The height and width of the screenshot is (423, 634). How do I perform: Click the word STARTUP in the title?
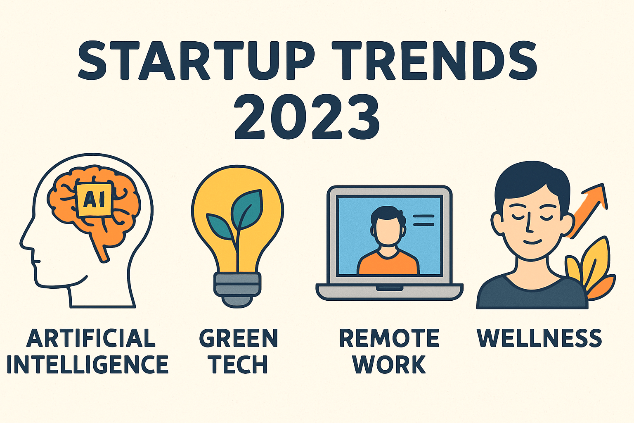coord(196,61)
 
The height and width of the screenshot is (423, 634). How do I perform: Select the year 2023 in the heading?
coord(307,117)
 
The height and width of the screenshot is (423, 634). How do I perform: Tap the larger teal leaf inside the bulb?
coord(247,209)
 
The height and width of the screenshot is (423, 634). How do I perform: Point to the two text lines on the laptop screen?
coord(423,220)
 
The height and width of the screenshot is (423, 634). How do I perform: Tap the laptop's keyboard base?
coord(390,292)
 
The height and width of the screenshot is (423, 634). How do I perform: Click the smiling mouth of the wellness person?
coord(532,242)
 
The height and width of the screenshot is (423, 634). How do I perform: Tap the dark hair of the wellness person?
coord(532,184)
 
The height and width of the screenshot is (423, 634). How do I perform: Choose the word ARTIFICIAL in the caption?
coord(91,338)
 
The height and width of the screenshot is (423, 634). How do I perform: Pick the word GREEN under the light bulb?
coord(239,338)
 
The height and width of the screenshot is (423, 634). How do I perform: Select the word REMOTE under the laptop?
coord(389,338)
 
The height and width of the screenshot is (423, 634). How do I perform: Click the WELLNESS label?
coord(539,338)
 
